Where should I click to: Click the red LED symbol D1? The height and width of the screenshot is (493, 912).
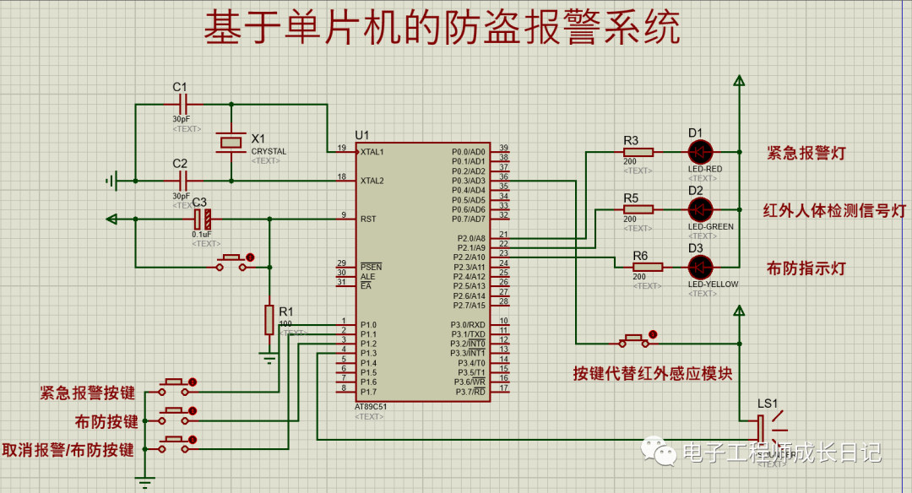tap(700, 152)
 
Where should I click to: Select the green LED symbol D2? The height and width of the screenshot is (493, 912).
tap(700, 209)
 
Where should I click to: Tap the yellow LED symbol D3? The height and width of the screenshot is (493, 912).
tap(700, 267)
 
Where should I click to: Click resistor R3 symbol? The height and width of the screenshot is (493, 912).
tap(639, 152)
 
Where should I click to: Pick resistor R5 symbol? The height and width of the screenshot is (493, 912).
tap(638, 209)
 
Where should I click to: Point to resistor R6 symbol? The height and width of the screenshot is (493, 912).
tap(648, 267)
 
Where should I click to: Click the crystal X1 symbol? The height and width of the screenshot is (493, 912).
tap(231, 142)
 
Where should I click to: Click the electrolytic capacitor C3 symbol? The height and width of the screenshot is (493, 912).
tap(201, 219)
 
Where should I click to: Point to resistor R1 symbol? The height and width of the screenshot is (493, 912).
tap(269, 320)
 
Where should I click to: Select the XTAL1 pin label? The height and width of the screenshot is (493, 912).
tap(372, 153)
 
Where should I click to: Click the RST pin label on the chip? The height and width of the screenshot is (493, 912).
tap(368, 219)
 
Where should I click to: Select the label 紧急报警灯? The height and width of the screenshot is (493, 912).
tap(806, 153)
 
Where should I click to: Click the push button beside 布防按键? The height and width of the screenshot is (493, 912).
tap(176, 414)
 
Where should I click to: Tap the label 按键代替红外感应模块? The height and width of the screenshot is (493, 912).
tap(652, 372)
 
